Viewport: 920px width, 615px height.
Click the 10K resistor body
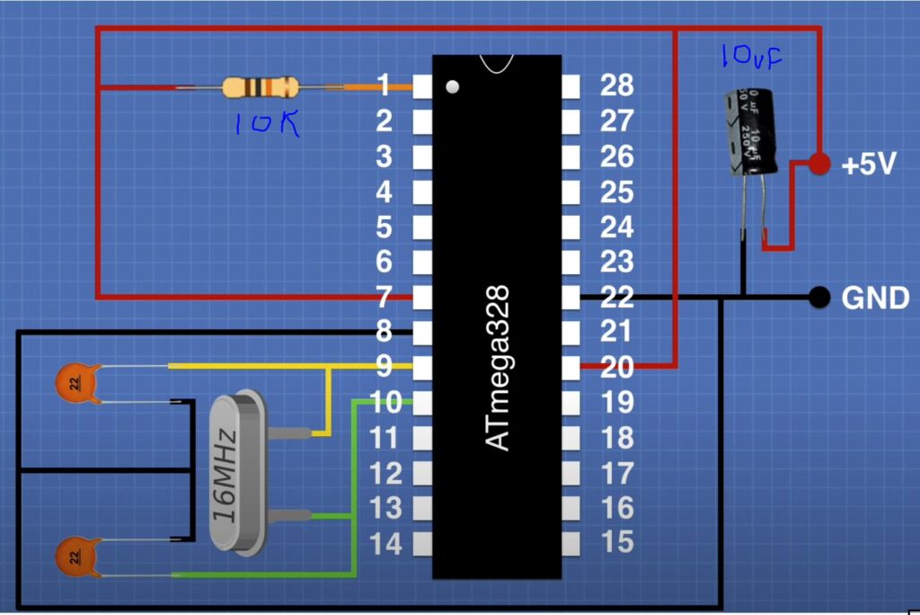259,87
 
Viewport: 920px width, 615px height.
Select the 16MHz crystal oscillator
236,472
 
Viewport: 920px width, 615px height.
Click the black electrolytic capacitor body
748,131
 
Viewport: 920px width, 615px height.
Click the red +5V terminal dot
818,164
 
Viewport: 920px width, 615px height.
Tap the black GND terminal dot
818,297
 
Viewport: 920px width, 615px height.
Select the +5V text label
869,165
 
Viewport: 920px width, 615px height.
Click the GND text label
875,298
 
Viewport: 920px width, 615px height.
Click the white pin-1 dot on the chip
453,87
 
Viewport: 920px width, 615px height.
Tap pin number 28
617,86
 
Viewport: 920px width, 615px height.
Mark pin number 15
617,543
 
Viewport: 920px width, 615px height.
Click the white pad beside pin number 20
571,367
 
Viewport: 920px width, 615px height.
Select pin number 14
385,543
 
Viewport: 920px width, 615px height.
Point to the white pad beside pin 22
571,297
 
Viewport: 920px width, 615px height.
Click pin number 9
385,367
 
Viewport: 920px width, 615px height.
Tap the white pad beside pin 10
422,402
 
